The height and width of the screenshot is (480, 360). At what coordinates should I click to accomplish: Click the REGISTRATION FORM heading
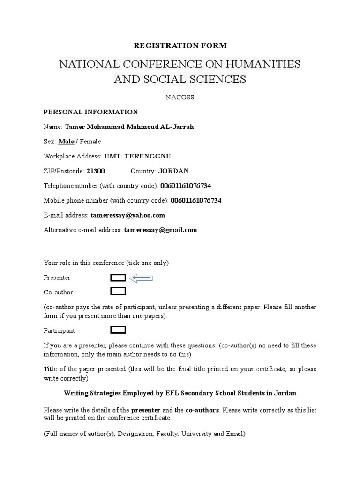tap(180, 45)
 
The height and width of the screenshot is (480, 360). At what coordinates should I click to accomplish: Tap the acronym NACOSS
tap(180, 97)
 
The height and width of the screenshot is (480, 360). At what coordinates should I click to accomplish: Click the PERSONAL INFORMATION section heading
tap(90, 112)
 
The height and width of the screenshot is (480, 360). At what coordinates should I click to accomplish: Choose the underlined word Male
tap(66, 141)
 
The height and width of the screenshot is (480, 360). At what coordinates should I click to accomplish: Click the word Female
tap(90, 141)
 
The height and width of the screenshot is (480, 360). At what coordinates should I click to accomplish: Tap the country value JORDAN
tap(173, 171)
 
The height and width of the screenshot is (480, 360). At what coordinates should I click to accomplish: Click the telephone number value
tap(189, 186)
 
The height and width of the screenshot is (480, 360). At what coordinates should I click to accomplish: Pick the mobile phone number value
tap(196, 200)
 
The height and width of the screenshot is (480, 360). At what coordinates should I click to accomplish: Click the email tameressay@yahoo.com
tap(128, 215)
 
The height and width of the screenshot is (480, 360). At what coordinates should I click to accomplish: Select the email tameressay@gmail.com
tap(160, 230)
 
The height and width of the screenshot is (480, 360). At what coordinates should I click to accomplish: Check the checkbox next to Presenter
tap(118, 278)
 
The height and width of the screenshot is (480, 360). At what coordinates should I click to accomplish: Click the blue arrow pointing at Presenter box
tap(142, 278)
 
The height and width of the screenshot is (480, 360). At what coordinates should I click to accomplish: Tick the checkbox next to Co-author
tap(118, 292)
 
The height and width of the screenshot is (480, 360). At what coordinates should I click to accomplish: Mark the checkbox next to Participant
tap(118, 330)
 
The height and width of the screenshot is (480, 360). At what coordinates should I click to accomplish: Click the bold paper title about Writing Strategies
tap(180, 393)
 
